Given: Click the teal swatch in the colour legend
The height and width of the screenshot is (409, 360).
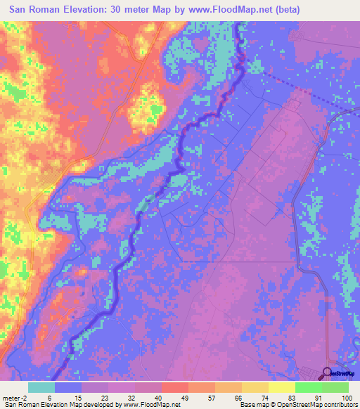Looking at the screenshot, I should click(x=41, y=387).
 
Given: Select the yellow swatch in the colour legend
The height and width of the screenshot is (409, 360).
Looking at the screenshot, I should click(x=281, y=387).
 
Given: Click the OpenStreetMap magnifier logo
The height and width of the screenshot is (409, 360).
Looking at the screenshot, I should click(x=328, y=373).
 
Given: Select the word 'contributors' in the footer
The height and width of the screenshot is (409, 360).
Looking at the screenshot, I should click(x=340, y=405).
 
